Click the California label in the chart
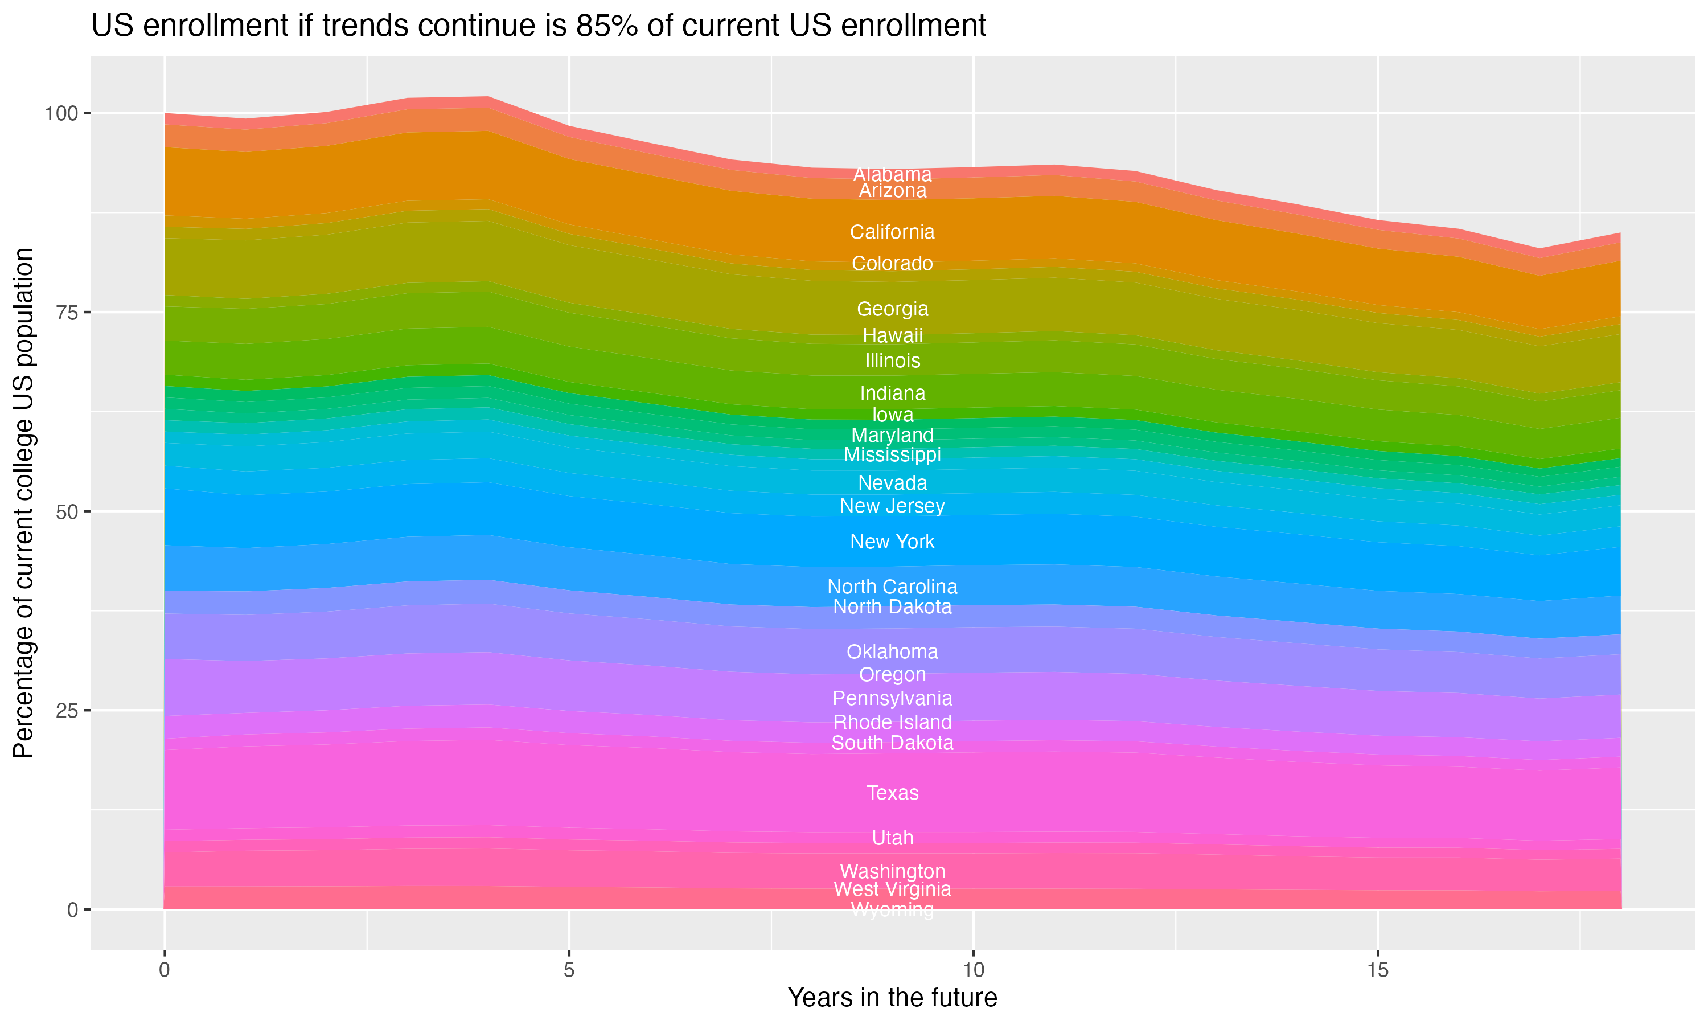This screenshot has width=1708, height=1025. click(892, 232)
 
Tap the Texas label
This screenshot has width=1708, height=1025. click(892, 793)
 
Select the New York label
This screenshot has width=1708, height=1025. click(892, 542)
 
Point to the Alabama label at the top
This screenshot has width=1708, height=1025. click(892, 174)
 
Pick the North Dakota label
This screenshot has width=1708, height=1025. click(892, 607)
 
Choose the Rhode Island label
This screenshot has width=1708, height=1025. click(892, 723)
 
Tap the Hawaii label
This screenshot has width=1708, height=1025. click(892, 335)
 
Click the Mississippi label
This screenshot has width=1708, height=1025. click(892, 454)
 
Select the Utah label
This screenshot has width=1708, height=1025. click(892, 838)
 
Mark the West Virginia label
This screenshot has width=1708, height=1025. click(892, 889)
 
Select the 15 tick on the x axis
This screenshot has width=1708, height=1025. click(1377, 970)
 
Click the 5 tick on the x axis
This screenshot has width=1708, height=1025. click(568, 970)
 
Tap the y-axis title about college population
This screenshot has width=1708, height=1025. click(23, 503)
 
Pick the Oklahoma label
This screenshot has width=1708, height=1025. click(892, 651)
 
